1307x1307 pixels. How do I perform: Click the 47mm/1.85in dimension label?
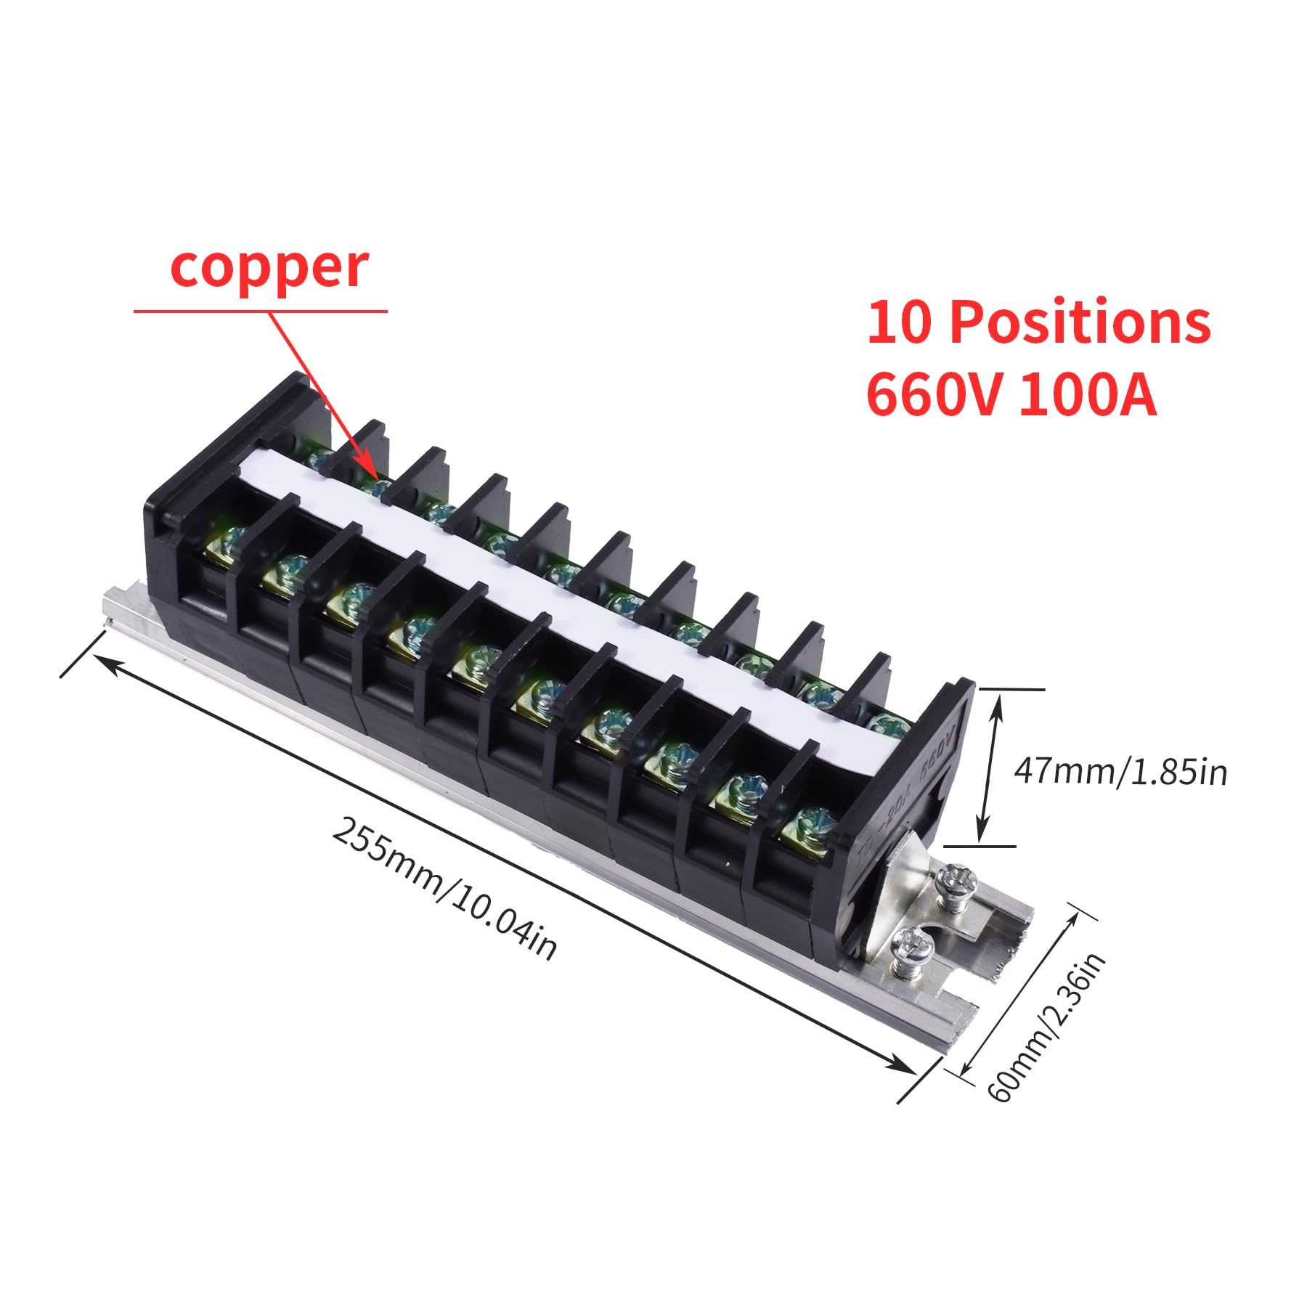[x=1120, y=771]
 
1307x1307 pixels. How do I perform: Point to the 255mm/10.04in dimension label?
[x=444, y=889]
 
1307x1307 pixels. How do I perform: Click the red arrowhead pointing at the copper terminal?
[x=368, y=471]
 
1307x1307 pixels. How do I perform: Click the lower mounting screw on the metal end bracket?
[x=913, y=945]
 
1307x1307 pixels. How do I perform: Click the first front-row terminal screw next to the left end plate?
[x=231, y=542]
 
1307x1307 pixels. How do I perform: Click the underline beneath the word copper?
[x=260, y=312]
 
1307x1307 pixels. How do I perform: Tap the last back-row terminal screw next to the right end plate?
[x=887, y=722]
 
